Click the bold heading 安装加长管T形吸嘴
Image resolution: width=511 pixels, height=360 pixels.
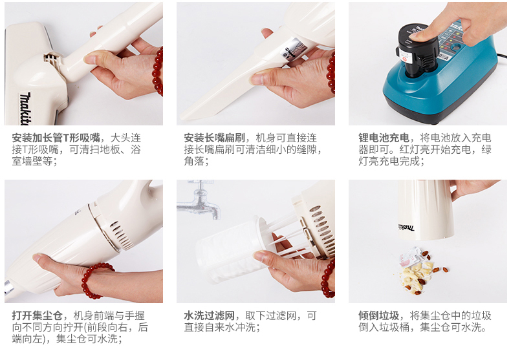[56, 138]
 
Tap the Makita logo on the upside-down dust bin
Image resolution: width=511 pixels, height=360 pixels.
[406, 227]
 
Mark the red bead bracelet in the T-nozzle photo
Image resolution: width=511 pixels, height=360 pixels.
[157, 71]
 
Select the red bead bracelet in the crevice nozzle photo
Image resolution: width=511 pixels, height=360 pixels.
[331, 71]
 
